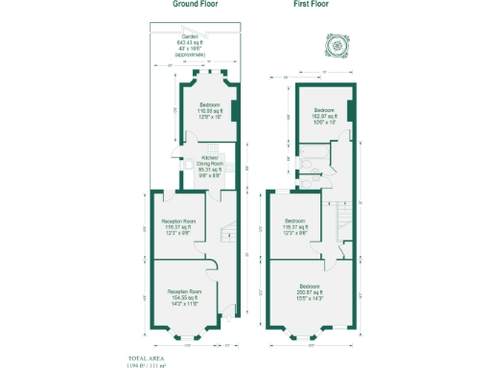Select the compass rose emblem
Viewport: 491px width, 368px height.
(x=337, y=45)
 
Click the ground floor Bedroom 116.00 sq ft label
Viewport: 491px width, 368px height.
(x=209, y=109)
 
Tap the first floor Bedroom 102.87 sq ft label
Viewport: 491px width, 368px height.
(x=324, y=116)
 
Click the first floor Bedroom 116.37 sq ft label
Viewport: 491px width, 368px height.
(x=294, y=226)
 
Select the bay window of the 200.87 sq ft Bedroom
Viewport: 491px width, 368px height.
(x=308, y=337)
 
